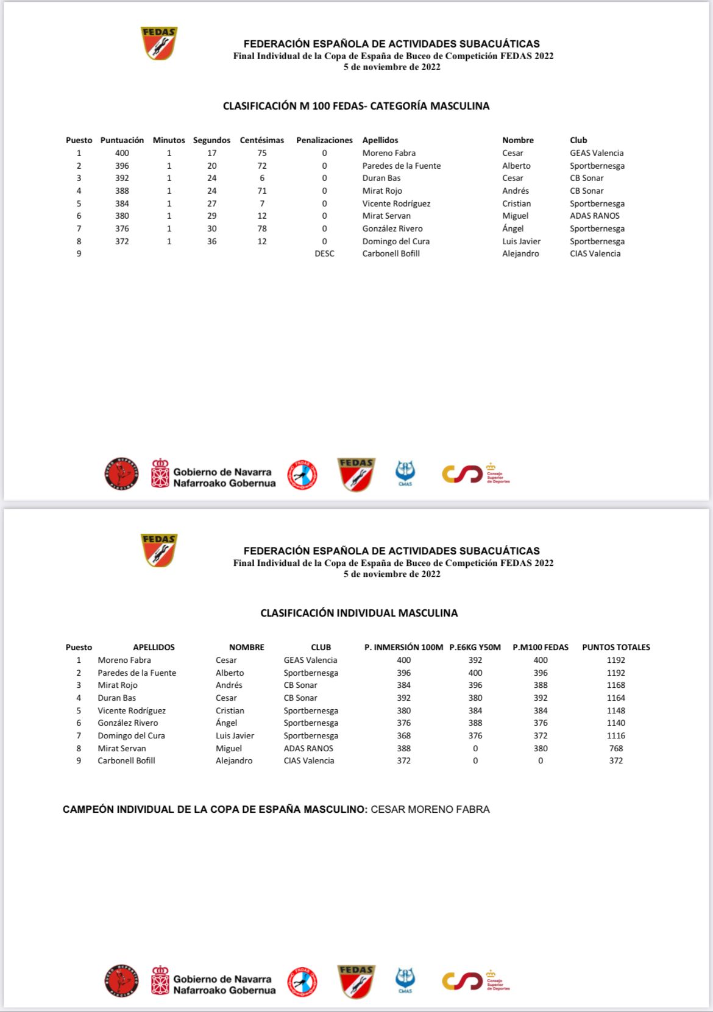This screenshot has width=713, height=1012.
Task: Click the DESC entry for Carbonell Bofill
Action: click(x=324, y=253)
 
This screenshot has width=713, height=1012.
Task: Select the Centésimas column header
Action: click(x=261, y=140)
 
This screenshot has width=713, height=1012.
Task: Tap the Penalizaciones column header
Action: click(x=324, y=140)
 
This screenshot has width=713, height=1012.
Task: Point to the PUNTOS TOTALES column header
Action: click(x=615, y=647)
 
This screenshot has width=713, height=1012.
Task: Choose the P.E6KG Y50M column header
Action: click(x=475, y=647)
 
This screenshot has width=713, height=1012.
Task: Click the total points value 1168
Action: click(x=615, y=685)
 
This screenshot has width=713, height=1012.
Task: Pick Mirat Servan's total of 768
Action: click(x=615, y=748)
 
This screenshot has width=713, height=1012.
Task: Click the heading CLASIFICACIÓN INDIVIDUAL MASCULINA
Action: click(x=359, y=613)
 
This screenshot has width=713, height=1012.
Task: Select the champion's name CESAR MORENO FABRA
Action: click(x=430, y=809)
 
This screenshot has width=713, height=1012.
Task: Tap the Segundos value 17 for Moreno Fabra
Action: click(x=211, y=153)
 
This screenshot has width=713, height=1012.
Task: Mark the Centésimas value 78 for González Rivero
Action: click(x=261, y=228)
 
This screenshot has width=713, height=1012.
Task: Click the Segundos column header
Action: click(x=211, y=140)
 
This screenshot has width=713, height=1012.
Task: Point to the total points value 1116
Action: click(x=615, y=735)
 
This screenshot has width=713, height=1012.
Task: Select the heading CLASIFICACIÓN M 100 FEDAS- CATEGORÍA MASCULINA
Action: click(x=356, y=106)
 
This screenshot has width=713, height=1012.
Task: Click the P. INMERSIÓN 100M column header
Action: click(x=403, y=647)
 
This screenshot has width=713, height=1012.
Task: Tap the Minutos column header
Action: click(x=169, y=140)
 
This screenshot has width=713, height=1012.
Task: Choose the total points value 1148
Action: click(x=615, y=710)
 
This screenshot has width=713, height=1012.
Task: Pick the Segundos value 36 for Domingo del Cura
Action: click(x=211, y=241)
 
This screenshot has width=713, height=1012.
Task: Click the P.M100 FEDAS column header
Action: click(x=540, y=647)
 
